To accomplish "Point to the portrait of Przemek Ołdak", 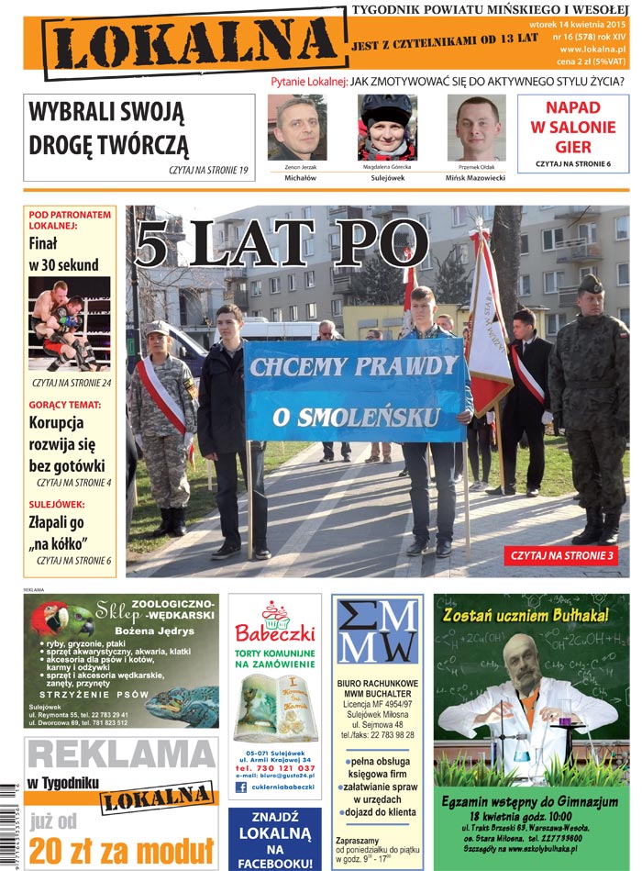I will click(476, 128).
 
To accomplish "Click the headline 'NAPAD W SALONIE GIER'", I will click(572, 128).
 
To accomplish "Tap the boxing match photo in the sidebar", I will click(70, 323).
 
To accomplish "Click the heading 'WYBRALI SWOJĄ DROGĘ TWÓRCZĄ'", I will click(107, 128).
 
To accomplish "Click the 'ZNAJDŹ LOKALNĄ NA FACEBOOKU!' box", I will click(274, 839).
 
